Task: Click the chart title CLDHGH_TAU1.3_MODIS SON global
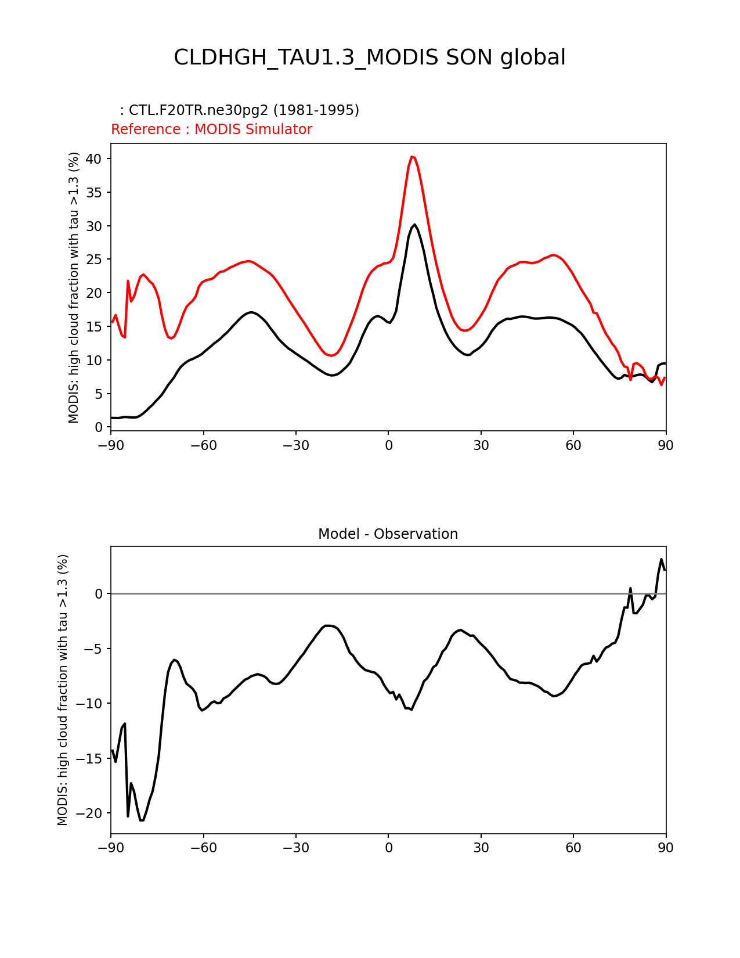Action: (370, 57)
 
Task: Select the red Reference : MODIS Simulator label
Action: (211, 129)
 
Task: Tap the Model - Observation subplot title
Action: (388, 534)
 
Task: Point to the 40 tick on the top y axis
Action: (95, 159)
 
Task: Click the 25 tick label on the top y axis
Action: (95, 260)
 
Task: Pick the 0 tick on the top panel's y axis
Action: (99, 427)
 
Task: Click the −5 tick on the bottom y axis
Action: (94, 649)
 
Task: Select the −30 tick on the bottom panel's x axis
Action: (295, 848)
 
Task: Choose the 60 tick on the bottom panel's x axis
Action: (573, 848)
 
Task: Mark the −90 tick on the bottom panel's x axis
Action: (111, 848)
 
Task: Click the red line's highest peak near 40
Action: (412, 157)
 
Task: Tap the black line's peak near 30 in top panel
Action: (414, 225)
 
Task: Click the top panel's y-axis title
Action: (74, 287)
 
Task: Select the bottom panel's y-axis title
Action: (63, 690)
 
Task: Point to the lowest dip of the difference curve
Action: (142, 820)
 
